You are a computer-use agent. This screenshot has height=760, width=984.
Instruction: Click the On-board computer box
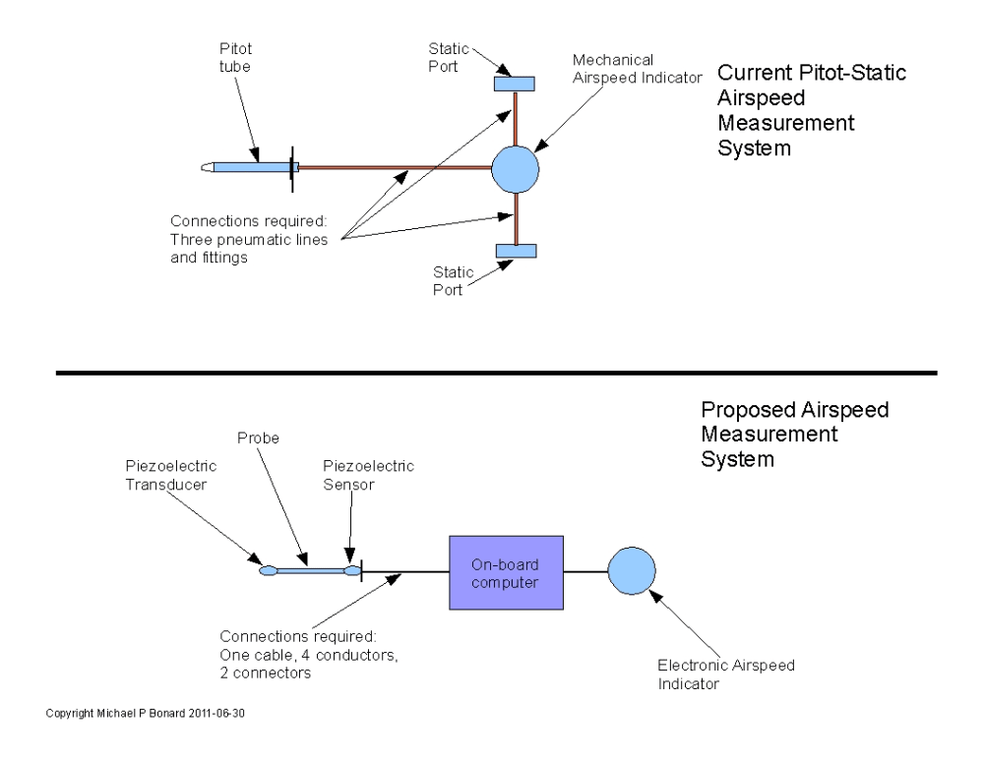click(x=506, y=572)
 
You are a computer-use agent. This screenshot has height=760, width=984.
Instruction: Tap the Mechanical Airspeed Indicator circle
click(x=515, y=169)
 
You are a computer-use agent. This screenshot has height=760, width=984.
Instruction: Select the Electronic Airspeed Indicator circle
click(x=632, y=570)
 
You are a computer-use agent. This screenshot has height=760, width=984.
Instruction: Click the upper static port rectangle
click(x=514, y=84)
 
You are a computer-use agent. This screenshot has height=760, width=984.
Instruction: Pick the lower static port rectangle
click(x=516, y=251)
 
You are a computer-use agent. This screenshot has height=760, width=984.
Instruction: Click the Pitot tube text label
click(x=235, y=57)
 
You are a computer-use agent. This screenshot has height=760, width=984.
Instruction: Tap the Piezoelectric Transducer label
click(x=170, y=475)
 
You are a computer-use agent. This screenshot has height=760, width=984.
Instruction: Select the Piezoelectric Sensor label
click(x=368, y=475)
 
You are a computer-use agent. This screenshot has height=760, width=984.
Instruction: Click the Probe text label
click(x=258, y=438)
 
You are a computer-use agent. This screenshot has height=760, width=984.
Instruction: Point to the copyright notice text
click(x=145, y=713)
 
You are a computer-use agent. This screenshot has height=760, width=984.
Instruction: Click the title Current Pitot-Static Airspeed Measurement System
click(x=812, y=110)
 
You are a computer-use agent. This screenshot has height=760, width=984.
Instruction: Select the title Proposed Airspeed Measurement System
click(x=794, y=434)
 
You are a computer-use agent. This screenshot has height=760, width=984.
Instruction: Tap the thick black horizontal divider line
click(x=496, y=373)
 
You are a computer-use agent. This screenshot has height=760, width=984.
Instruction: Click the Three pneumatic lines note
click(x=249, y=239)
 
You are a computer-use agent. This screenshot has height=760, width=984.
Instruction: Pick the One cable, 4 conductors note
click(x=309, y=655)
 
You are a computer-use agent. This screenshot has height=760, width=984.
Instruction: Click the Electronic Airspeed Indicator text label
click(x=726, y=674)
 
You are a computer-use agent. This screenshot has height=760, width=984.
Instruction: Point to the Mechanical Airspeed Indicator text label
click(x=637, y=69)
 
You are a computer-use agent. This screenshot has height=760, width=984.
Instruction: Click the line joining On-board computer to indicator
click(x=585, y=571)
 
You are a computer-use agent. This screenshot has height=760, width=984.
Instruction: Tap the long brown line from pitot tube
click(x=395, y=168)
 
